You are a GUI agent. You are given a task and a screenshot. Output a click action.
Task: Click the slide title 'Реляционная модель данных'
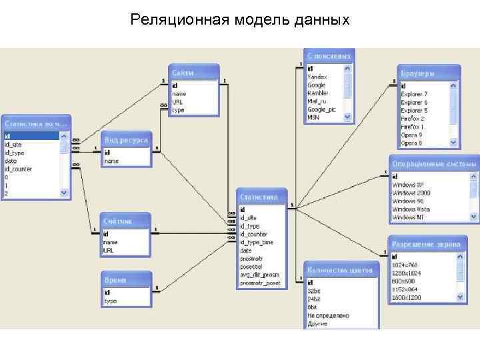point(240,19)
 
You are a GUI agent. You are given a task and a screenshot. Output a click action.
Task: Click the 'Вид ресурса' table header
point(127,141)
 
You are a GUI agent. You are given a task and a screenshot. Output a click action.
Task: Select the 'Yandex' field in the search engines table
point(317,77)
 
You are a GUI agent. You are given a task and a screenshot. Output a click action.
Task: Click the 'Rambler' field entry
point(318,93)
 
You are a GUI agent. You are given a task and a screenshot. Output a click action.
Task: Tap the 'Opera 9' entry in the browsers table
point(411,135)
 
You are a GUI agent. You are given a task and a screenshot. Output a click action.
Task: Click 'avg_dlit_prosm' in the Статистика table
point(260,275)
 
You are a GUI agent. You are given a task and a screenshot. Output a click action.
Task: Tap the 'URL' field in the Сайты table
point(177,102)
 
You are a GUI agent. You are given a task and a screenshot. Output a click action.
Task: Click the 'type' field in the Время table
point(110,301)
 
